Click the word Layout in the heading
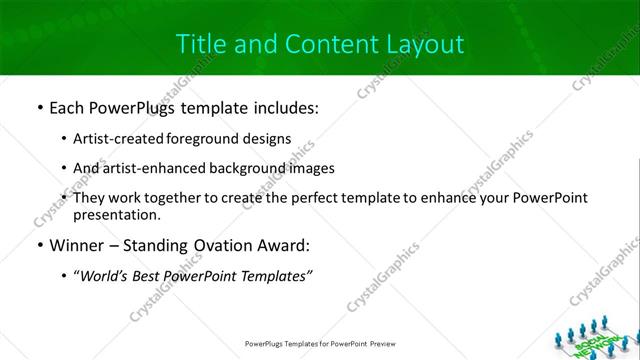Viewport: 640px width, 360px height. [424, 44]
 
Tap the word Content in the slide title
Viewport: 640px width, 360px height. [324, 44]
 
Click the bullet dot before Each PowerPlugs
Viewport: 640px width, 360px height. [39, 107]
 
